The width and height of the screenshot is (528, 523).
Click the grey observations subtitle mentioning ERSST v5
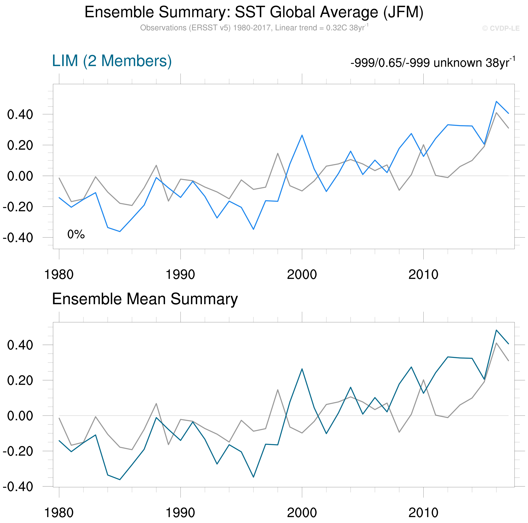(x=254, y=28)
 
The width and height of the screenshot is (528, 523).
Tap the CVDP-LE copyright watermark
(x=501, y=28)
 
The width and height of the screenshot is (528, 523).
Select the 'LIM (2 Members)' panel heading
(x=112, y=61)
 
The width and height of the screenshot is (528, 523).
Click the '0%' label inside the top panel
(x=76, y=234)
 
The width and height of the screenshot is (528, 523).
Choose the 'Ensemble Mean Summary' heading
(x=145, y=299)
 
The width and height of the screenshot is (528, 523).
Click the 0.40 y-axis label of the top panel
(x=20, y=115)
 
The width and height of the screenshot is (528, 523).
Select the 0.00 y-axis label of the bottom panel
(x=20, y=416)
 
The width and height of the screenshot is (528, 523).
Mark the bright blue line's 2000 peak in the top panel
(x=302, y=135)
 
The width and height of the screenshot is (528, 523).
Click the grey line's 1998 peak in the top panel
(x=278, y=153)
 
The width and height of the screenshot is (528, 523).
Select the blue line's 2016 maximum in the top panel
(x=496, y=101)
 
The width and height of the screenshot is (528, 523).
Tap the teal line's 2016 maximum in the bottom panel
(x=496, y=330)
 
